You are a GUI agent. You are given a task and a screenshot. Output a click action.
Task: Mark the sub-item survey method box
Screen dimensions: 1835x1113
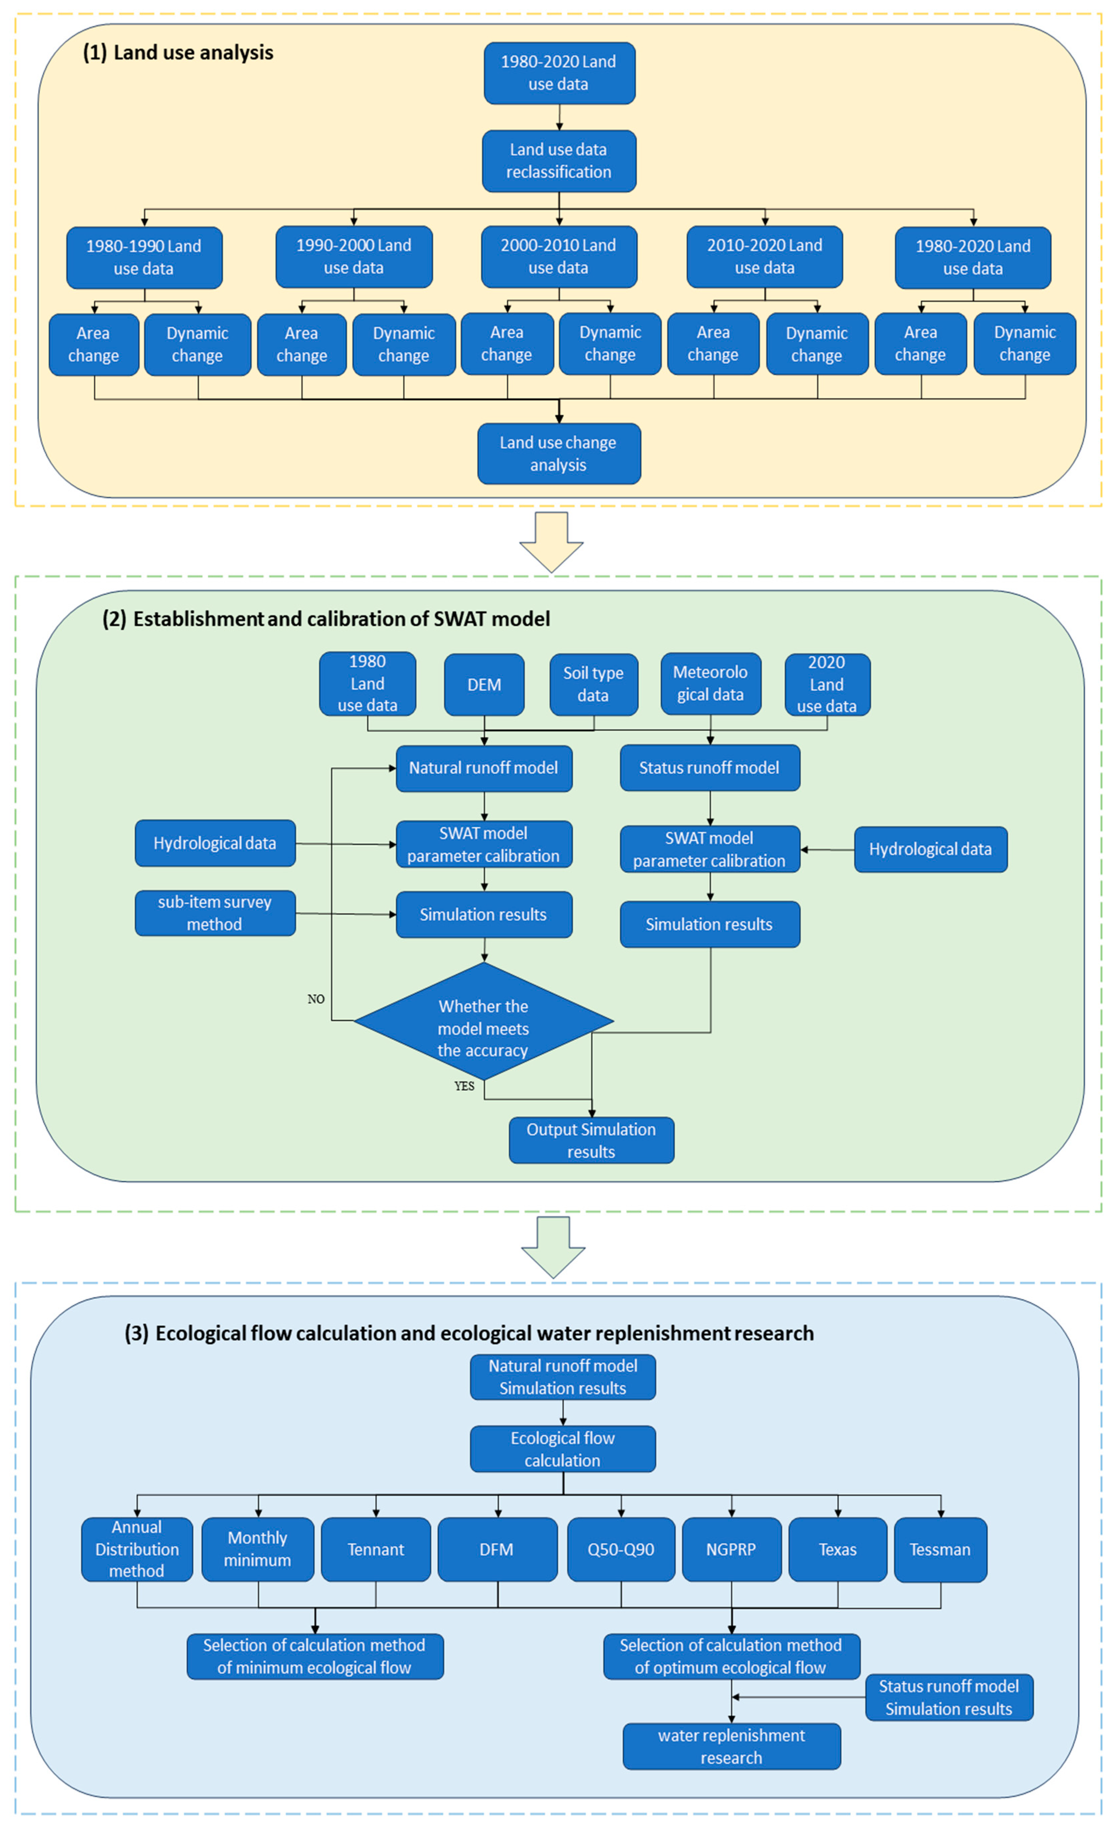point(214,913)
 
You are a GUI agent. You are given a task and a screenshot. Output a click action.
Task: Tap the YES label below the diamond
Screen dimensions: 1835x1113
point(464,1086)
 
